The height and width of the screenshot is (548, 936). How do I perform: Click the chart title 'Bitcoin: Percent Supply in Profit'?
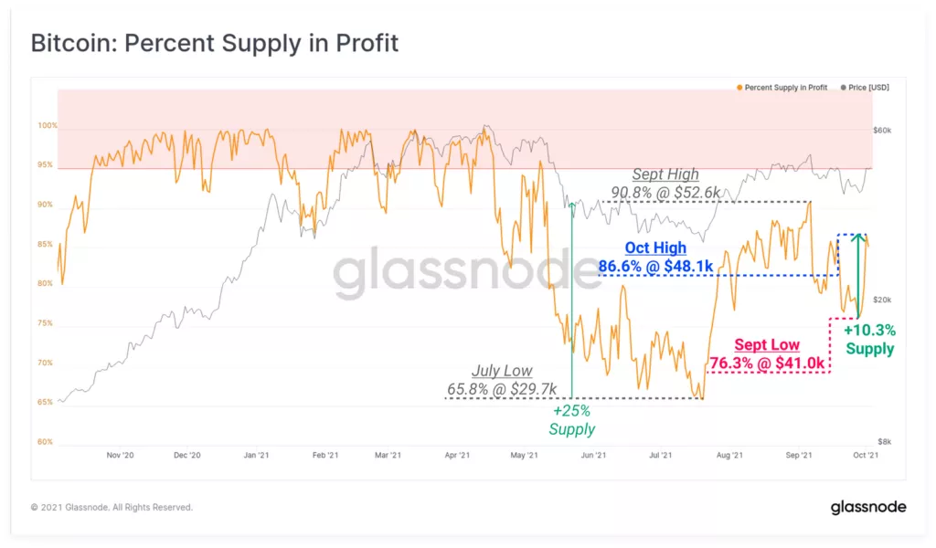pos(214,43)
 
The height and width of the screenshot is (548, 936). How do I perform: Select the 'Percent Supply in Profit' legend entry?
pos(785,88)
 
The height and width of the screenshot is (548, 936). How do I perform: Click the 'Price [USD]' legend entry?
pos(867,88)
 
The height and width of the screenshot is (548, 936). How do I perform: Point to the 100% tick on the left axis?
pos(47,125)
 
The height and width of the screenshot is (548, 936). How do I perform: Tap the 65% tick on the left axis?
pos(46,402)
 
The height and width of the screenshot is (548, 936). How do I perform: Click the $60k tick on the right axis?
pos(882,131)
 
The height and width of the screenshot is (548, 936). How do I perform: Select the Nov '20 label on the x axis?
pos(121,455)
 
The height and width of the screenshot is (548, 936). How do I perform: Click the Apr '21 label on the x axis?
pos(457,455)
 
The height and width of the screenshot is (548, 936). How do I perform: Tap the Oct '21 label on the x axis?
pos(866,455)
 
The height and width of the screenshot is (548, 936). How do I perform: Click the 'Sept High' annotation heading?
pos(665,174)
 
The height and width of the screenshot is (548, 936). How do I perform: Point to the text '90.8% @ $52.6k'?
pos(665,192)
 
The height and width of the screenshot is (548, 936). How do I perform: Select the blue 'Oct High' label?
pos(654,248)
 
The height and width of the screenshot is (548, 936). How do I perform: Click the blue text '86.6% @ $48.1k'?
pos(654,265)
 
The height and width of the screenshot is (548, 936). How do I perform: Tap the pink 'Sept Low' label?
pos(768,345)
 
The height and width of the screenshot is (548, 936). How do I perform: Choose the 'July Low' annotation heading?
pos(501,371)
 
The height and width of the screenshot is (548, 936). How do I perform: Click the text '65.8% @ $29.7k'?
pos(501,389)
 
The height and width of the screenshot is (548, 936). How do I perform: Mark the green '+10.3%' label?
pos(869,330)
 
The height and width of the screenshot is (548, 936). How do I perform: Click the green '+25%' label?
pos(571,411)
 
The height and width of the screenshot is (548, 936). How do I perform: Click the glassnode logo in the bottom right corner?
pos(867,507)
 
